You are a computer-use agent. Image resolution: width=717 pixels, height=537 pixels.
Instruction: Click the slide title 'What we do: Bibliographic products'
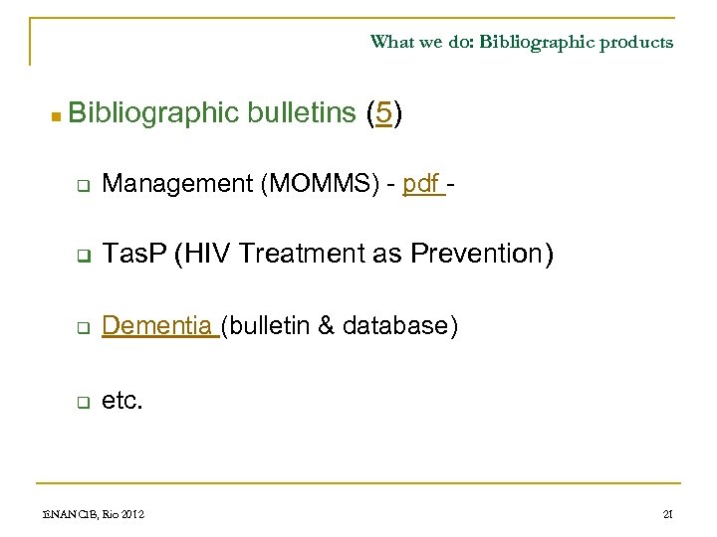[521, 42]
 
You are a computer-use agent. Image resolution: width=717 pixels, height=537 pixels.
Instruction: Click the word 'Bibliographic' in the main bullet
[155, 114]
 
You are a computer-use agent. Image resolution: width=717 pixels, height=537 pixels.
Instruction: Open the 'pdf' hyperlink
[421, 183]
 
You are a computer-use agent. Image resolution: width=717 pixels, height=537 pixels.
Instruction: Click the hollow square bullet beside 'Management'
[85, 186]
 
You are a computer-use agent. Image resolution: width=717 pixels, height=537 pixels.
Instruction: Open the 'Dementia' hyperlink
[157, 325]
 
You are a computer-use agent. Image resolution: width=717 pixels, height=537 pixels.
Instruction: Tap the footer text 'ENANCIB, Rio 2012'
[80, 513]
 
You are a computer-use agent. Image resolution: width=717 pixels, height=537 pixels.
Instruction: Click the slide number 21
[667, 513]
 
